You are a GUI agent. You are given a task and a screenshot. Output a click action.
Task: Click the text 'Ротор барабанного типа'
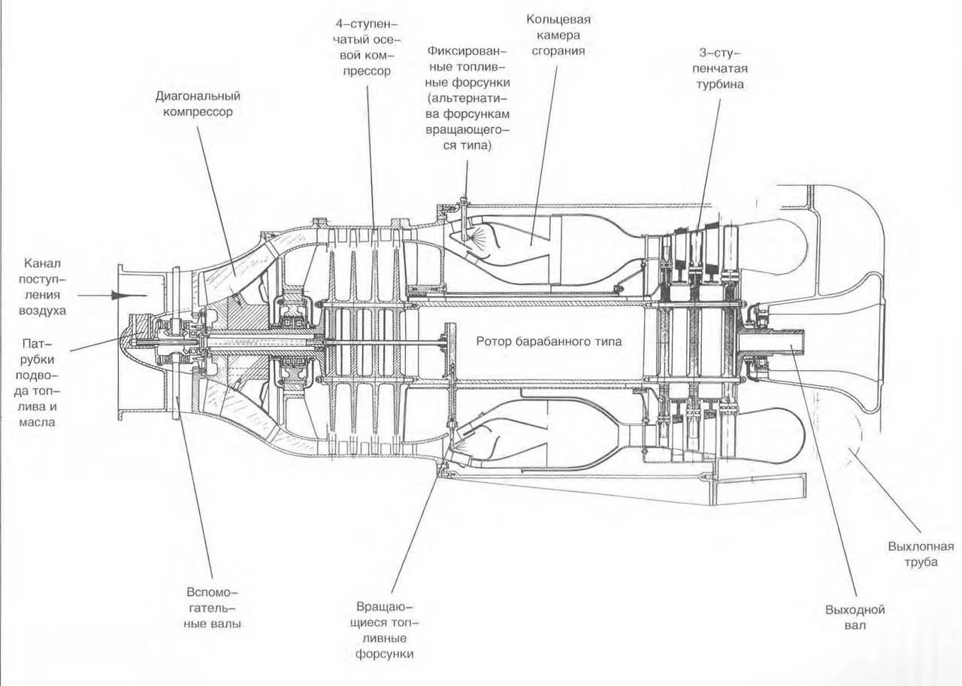click(x=549, y=341)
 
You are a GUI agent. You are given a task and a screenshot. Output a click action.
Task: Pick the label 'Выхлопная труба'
click(x=911, y=553)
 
